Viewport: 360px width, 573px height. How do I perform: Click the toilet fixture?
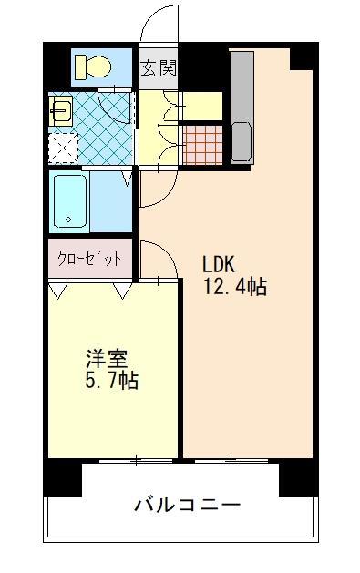[93, 67]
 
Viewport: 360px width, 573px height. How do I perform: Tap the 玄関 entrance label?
[159, 68]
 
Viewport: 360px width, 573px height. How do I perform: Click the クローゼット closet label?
[91, 259]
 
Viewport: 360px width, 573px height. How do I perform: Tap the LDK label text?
[219, 265]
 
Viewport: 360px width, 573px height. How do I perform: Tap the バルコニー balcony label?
[188, 504]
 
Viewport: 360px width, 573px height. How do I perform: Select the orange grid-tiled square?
[203, 142]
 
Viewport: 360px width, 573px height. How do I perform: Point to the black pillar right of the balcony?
[298, 477]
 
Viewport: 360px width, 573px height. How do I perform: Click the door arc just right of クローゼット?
[157, 259]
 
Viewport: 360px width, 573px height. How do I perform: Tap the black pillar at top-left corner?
[57, 66]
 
